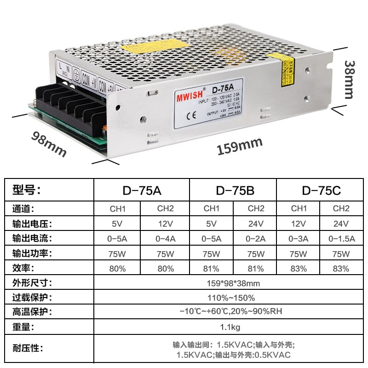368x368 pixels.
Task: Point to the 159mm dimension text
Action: [239, 146]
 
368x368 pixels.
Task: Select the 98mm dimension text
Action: [49, 144]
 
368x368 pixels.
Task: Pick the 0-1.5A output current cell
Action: [341, 239]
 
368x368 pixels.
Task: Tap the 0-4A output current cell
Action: [166, 239]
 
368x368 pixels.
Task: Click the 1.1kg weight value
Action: [230, 327]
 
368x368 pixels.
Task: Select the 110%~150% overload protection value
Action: [230, 298]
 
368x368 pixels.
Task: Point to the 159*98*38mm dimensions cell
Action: [230, 283]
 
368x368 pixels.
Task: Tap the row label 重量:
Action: [23, 327]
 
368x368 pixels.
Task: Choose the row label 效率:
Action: [23, 268]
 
